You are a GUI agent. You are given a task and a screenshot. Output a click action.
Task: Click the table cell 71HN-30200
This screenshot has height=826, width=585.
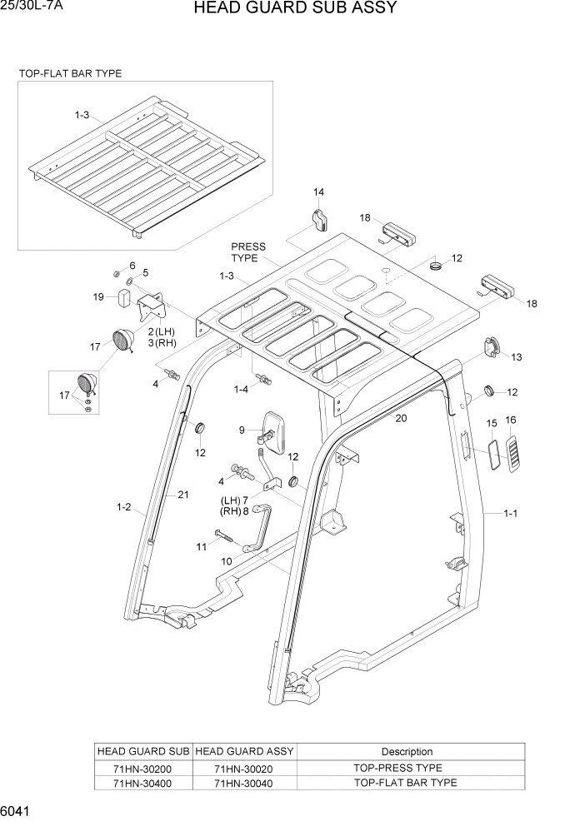(144, 768)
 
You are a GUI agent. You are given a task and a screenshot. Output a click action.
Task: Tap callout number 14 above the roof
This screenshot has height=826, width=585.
(318, 192)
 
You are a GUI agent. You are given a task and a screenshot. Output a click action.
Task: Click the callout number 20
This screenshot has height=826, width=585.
(401, 419)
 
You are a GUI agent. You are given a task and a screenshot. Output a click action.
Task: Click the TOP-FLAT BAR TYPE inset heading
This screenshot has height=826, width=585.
(70, 73)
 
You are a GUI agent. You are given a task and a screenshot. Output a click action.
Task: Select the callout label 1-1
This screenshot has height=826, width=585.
(511, 514)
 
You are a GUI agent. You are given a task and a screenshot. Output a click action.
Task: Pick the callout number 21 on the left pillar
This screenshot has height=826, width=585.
(183, 495)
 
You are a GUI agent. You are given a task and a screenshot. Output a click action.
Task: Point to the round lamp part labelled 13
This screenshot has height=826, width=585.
(489, 348)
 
